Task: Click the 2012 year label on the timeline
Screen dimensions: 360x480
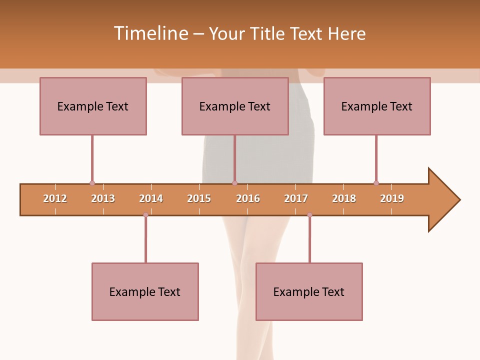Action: point(55,198)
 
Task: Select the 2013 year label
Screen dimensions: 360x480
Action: point(103,198)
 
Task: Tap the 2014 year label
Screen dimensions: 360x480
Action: point(151,198)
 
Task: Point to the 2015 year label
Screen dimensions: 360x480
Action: point(199,198)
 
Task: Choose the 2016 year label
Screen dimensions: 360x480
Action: point(248,198)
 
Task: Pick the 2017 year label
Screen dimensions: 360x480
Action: point(296,198)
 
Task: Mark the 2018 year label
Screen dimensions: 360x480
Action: point(344,198)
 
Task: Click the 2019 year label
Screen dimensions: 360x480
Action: point(392,198)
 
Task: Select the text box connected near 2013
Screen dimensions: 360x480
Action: point(93,106)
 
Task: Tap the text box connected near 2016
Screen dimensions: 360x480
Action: point(235,106)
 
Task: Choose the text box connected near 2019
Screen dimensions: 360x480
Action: point(377,106)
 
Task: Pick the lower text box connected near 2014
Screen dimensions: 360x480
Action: point(145,291)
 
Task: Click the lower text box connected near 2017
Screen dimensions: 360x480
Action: point(309,291)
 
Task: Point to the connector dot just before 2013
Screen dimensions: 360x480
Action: point(92,183)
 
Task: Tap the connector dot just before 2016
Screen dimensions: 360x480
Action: point(234,183)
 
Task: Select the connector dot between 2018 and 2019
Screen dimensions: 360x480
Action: point(376,183)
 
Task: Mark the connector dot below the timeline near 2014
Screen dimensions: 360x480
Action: point(145,215)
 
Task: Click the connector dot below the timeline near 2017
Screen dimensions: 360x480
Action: point(309,215)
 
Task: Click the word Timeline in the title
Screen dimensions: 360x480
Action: point(150,33)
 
